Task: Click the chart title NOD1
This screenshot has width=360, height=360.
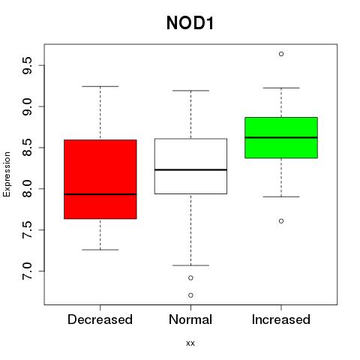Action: tap(190, 22)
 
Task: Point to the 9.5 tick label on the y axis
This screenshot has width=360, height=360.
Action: tap(27, 65)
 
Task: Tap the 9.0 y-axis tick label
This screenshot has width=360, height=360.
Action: tap(27, 106)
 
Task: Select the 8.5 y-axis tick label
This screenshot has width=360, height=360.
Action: tap(27, 148)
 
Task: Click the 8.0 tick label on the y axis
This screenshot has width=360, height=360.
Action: tap(27, 189)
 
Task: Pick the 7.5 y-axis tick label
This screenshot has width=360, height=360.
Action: tap(27, 230)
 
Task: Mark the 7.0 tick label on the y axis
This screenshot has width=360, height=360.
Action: tap(27, 271)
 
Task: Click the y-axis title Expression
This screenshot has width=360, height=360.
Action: tap(7, 174)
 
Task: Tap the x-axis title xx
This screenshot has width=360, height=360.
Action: tap(190, 343)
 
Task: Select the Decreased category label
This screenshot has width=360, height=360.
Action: tap(100, 319)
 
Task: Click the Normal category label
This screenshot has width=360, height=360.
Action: tap(190, 319)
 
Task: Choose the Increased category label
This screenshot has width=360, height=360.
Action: tap(281, 319)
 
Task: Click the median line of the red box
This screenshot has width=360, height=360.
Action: tap(100, 194)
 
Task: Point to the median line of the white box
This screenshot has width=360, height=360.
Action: tap(190, 169)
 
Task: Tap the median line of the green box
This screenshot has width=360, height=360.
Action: tap(281, 137)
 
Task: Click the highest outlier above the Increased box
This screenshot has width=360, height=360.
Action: tap(281, 54)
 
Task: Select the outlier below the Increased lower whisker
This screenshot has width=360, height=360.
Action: tap(281, 221)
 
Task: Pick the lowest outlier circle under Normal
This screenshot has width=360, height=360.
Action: tap(190, 295)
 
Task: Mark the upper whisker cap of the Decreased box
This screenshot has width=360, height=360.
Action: tap(100, 86)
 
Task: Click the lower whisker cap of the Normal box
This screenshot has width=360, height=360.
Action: tap(190, 265)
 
